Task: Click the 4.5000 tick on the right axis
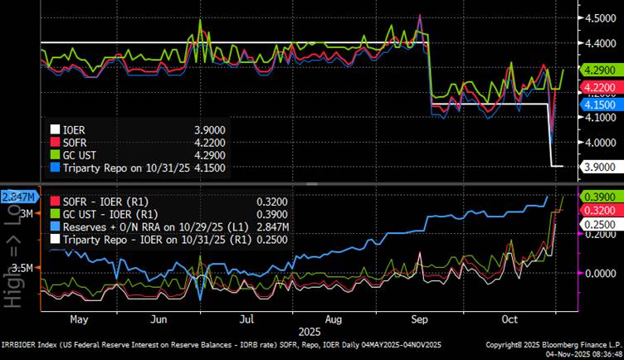[600, 18]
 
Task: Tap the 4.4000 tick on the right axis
[600, 43]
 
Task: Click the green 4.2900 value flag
[598, 71]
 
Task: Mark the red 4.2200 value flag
[598, 87]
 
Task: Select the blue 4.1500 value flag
[598, 106]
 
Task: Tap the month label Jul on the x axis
[246, 318]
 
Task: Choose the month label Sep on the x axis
[419, 318]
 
